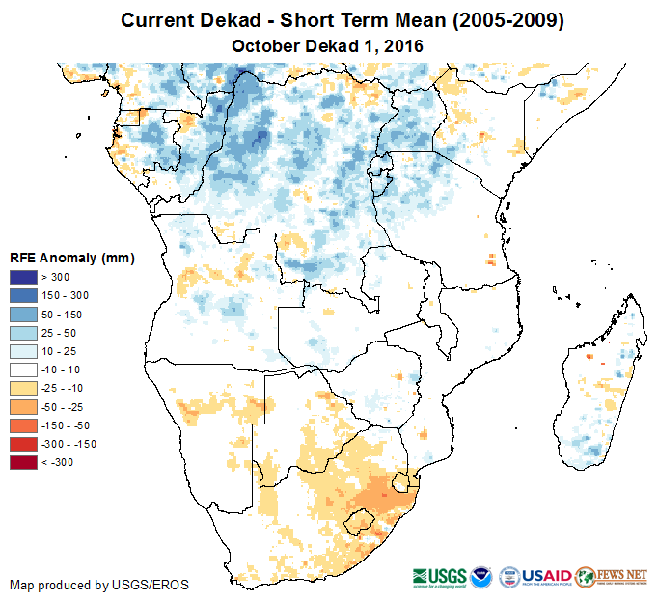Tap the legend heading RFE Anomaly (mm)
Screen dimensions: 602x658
(x=71, y=259)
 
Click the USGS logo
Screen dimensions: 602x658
(x=441, y=576)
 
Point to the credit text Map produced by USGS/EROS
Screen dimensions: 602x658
(x=99, y=585)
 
